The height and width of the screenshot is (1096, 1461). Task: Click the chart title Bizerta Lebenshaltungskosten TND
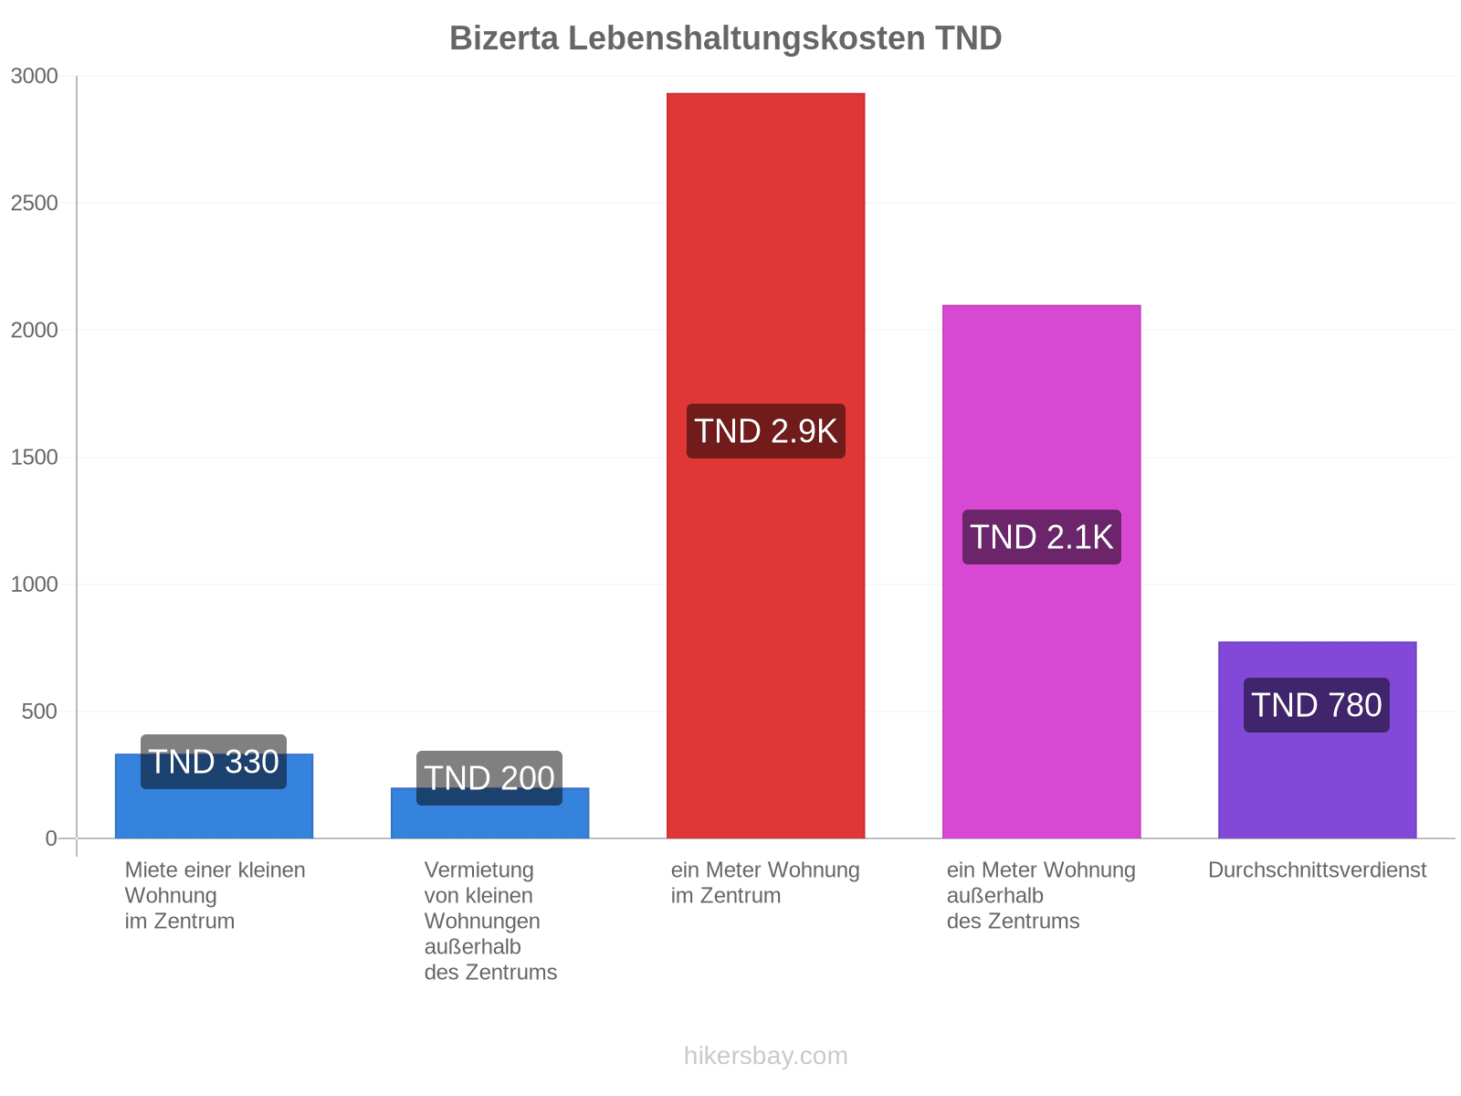click(725, 38)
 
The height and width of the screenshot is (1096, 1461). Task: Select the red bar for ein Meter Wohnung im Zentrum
click(765, 465)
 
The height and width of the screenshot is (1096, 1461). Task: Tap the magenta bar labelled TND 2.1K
click(1041, 571)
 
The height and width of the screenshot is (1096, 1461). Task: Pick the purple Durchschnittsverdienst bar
click(1317, 739)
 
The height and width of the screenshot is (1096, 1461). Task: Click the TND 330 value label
click(214, 762)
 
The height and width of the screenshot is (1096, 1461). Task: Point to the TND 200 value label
click(489, 778)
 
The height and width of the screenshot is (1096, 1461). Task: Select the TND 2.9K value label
click(765, 430)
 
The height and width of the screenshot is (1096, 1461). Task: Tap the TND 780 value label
click(1316, 705)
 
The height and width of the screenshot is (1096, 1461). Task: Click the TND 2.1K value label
click(1041, 537)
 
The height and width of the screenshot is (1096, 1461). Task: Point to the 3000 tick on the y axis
click(35, 76)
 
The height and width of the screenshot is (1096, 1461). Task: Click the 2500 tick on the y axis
click(35, 203)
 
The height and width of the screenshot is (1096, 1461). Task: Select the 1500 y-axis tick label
click(35, 458)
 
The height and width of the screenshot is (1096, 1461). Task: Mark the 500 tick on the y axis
click(39, 711)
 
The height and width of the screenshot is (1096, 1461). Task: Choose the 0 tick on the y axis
click(51, 838)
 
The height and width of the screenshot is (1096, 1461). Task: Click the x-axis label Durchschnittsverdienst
click(1317, 869)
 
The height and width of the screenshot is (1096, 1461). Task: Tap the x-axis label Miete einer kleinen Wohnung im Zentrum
click(215, 895)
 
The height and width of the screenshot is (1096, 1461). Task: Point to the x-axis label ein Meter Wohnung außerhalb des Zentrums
click(1041, 895)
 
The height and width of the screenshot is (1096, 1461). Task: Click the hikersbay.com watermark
click(765, 1056)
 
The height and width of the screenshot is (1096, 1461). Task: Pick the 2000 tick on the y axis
click(35, 330)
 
